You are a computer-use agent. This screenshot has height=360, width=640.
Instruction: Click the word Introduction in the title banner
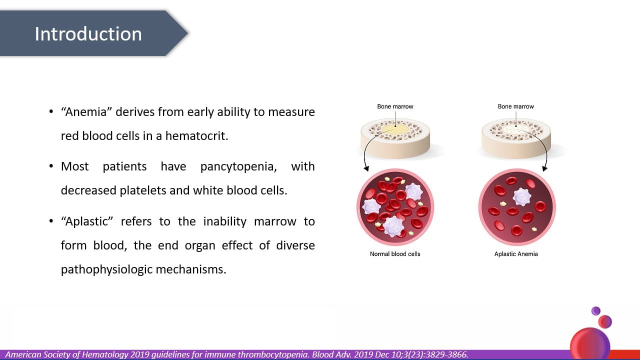(88, 34)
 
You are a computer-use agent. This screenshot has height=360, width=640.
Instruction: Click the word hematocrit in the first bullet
(197, 135)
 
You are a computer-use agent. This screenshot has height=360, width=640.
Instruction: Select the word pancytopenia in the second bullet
(238, 166)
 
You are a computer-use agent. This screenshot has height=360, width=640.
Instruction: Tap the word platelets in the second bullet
(143, 190)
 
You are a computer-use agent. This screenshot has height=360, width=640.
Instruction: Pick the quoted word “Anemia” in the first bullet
(86, 111)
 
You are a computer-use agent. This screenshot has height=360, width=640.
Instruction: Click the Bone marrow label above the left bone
(395, 106)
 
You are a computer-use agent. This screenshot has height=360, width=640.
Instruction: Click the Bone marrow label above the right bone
(515, 106)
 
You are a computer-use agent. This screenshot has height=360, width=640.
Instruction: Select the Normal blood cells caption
(395, 254)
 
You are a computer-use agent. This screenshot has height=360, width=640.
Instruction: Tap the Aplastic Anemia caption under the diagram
(516, 254)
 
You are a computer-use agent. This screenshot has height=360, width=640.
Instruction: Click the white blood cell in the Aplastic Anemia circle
(522, 197)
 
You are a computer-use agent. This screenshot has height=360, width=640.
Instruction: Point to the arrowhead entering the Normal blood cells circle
(366, 168)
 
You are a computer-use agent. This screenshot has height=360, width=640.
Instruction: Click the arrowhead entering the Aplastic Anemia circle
(544, 168)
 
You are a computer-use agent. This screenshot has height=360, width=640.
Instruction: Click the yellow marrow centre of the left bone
(395, 129)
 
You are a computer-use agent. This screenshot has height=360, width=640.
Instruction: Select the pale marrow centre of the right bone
(516, 129)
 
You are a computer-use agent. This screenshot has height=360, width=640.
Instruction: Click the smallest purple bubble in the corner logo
(595, 311)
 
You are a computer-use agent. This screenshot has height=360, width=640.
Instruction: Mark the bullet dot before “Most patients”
(51, 166)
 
